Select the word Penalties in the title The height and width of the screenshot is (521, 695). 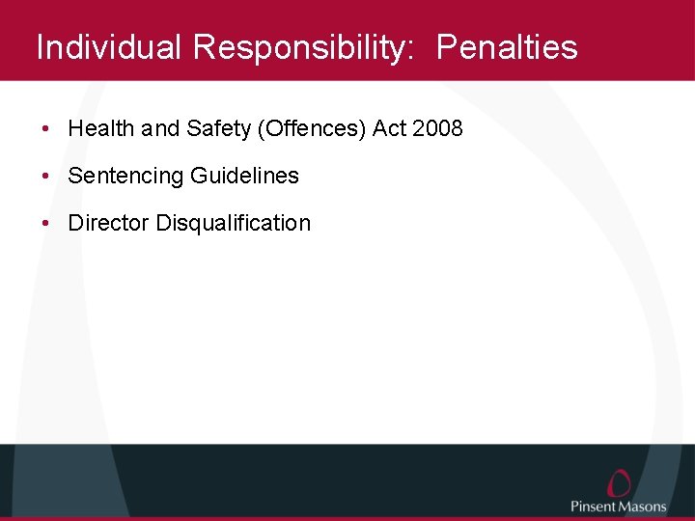click(x=507, y=47)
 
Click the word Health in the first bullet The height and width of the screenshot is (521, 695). click(x=101, y=128)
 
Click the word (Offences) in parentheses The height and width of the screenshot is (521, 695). click(x=310, y=128)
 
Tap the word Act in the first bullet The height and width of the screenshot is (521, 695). click(x=390, y=128)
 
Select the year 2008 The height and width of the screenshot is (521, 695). click(x=438, y=128)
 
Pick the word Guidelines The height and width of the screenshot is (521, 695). click(x=244, y=176)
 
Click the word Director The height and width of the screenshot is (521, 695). click(x=109, y=223)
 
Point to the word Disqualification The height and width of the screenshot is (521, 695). click(x=234, y=223)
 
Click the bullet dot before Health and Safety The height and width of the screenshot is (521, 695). click(x=46, y=129)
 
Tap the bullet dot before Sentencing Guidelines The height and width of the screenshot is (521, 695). click(x=46, y=177)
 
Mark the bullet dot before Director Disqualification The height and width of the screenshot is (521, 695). click(x=46, y=224)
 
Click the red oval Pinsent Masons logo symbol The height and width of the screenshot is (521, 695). click(x=619, y=482)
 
